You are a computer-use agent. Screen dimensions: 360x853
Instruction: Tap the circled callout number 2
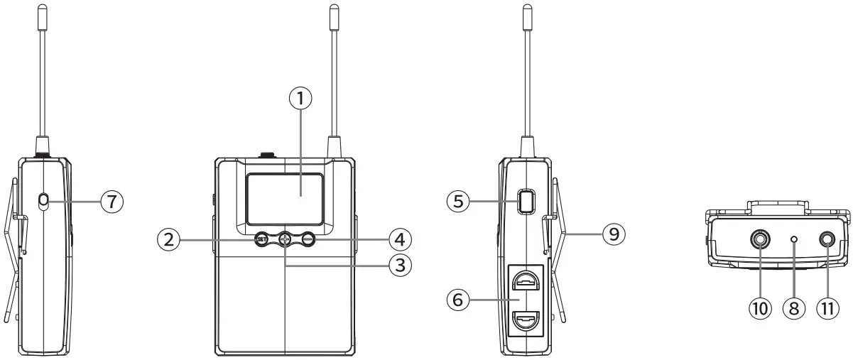(168, 240)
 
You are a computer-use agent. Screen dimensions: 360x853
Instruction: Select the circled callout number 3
(401, 266)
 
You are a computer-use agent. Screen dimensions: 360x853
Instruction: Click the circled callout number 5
(457, 202)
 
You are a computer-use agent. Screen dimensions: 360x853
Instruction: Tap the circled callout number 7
(112, 202)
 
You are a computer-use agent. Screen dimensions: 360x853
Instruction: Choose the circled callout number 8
(794, 309)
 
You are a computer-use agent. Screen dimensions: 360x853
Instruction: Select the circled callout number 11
(825, 309)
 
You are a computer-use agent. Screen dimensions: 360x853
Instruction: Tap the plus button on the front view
(285, 240)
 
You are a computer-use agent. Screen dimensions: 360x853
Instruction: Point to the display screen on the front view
(285, 196)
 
